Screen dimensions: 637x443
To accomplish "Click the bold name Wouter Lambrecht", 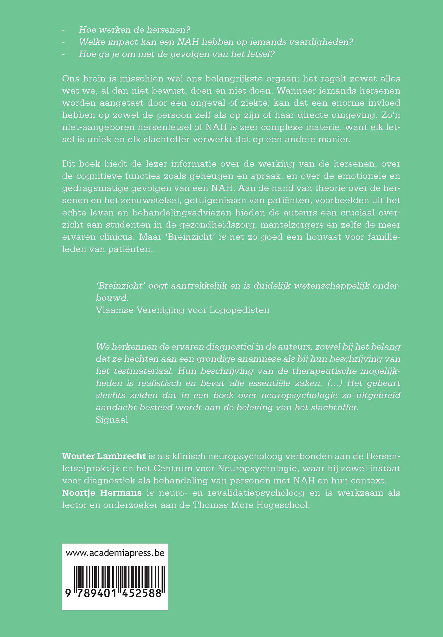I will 104,456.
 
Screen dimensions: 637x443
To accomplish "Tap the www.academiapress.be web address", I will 115,553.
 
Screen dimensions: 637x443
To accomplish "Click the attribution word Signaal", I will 112,420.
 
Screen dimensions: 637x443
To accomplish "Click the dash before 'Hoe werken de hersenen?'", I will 64,30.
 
